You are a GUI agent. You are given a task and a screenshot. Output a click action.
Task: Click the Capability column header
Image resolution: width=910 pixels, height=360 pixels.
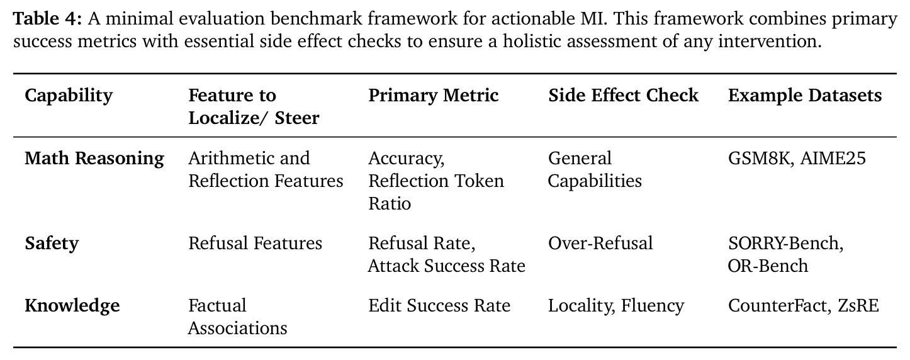(x=69, y=96)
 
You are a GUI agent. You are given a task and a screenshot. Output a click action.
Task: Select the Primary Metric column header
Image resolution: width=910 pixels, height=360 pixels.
(x=434, y=96)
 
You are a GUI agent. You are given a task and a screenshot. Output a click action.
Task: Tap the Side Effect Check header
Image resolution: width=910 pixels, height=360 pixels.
(x=623, y=96)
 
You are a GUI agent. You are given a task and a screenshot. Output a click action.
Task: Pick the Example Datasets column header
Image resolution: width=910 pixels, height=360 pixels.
(x=805, y=96)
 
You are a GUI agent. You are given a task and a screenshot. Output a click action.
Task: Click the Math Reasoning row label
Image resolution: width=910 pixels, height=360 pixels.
(x=94, y=159)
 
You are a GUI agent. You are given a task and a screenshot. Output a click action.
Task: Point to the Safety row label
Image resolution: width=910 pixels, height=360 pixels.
(x=52, y=244)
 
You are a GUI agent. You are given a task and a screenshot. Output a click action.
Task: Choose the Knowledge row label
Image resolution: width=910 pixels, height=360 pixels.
(x=72, y=306)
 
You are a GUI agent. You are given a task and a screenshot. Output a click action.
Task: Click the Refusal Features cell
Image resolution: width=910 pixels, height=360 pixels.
(x=255, y=244)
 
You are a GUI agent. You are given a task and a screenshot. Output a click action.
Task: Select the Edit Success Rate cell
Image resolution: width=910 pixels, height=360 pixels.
(x=439, y=305)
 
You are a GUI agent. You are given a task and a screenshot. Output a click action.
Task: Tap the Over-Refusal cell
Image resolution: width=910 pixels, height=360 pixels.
(x=600, y=244)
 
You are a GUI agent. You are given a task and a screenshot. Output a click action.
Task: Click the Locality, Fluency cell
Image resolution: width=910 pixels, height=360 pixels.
(x=616, y=306)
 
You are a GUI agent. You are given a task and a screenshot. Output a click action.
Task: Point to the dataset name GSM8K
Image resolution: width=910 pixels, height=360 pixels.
(x=760, y=159)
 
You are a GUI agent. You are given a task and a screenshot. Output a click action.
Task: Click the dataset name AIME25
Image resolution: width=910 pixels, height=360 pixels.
(x=833, y=159)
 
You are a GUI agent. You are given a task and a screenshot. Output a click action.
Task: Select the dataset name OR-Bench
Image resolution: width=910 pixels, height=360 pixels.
(x=768, y=266)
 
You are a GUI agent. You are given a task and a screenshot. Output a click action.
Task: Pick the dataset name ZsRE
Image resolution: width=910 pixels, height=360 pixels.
(x=858, y=305)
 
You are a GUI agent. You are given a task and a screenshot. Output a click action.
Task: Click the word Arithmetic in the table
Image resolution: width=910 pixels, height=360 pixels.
(x=230, y=159)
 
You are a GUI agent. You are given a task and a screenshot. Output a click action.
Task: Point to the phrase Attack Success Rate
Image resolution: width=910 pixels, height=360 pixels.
(x=446, y=266)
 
